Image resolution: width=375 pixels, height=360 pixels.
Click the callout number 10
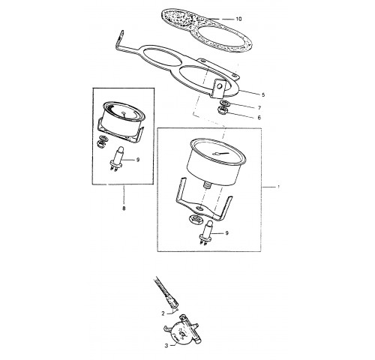(238, 19)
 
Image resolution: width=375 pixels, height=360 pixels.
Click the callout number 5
(263, 94)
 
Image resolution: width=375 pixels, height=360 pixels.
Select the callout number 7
(259, 108)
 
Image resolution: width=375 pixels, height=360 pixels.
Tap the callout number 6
(259, 117)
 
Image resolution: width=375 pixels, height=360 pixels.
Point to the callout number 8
(124, 208)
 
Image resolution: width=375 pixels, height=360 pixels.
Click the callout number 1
(278, 187)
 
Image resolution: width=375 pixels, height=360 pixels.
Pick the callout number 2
(163, 313)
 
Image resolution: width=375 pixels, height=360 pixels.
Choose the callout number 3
(166, 346)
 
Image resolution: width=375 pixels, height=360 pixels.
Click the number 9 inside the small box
(138, 160)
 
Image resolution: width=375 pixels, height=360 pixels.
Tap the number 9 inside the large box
(226, 233)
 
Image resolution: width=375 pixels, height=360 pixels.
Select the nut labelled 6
(223, 109)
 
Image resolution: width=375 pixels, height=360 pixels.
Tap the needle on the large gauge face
(220, 154)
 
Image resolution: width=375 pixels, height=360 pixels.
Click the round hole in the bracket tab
(220, 86)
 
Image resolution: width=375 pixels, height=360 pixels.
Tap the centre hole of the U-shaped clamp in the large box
(199, 208)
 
